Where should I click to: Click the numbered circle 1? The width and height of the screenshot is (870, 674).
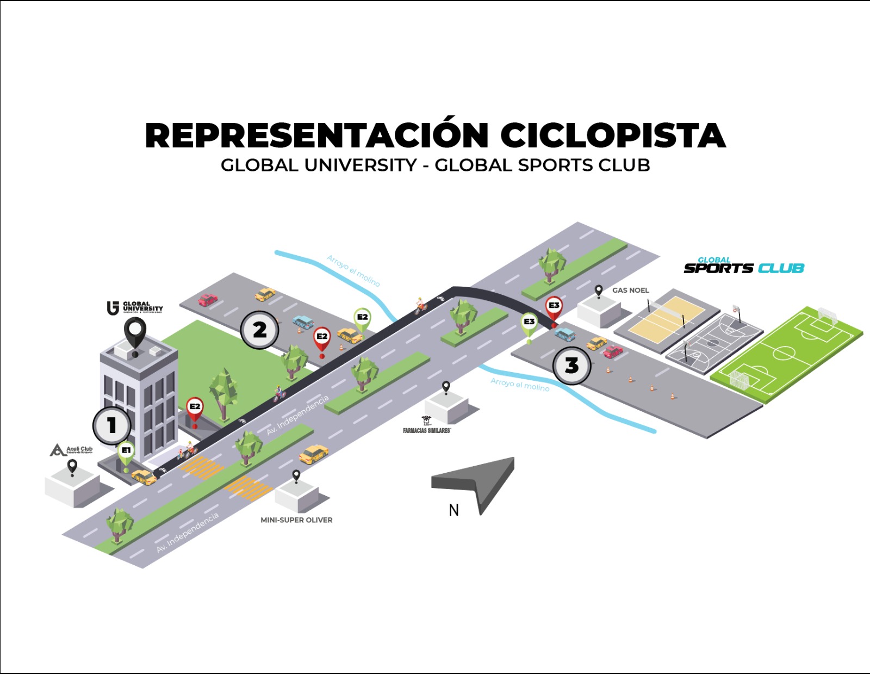pos(111,425)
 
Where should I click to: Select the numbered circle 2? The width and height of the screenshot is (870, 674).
pos(260,330)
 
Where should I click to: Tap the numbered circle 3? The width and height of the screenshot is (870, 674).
pos(571,366)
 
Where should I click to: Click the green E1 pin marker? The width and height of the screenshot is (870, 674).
pos(126,452)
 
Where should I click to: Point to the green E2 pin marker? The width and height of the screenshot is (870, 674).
pos(362,318)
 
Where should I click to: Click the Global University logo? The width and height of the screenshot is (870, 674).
pos(135,308)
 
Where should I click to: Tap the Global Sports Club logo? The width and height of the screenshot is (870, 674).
pos(743,265)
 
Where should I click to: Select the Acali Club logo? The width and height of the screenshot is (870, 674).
pos(71,450)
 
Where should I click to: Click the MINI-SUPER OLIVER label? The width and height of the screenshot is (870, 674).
pos(296,520)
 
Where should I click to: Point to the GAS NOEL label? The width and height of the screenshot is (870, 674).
pos(630,290)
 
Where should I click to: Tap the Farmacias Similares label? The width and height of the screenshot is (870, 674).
pos(427,430)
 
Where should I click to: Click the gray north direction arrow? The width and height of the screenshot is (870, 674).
pos(478,481)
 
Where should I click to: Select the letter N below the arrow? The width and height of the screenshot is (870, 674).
pos(453,510)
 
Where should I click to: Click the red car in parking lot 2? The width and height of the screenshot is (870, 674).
pos(208,300)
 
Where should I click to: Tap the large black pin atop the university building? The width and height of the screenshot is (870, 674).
pos(135,333)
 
